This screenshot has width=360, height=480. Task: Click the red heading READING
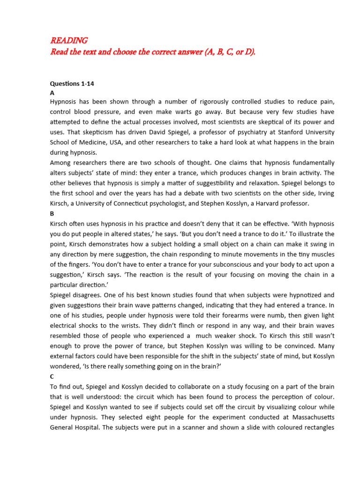tap(68, 41)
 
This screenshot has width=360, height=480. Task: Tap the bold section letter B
tap(52, 213)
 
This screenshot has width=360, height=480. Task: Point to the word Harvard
tap(270, 204)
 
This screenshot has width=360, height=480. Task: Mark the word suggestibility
tap(202, 183)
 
